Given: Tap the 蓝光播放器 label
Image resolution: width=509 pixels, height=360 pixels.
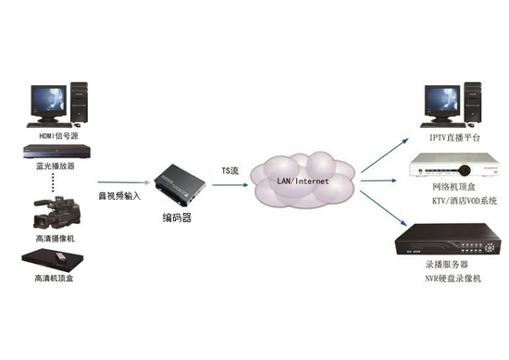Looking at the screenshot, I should (56, 168).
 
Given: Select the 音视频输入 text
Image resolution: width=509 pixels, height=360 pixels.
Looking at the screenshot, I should (119, 196).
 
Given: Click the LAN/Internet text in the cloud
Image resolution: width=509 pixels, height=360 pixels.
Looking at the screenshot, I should (302, 182).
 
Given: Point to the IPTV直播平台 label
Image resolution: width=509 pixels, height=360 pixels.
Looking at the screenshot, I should (453, 136).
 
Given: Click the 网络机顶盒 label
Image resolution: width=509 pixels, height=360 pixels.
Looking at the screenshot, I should (453, 187).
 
